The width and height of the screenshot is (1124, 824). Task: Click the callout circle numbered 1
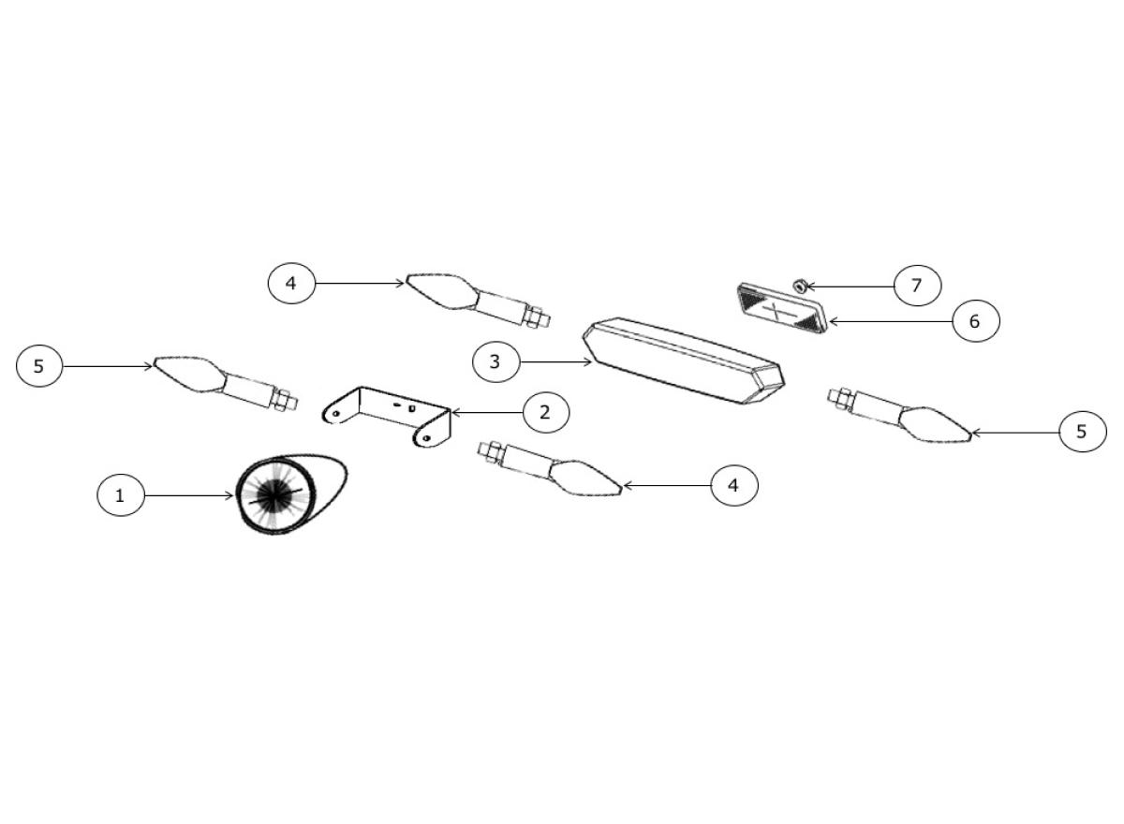click(121, 495)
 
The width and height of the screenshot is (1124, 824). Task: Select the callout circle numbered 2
click(546, 412)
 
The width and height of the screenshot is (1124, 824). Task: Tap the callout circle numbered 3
click(496, 361)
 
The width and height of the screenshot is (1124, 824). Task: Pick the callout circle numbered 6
click(976, 321)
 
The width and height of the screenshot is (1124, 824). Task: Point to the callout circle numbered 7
click(918, 286)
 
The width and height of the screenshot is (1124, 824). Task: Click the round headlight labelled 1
click(291, 494)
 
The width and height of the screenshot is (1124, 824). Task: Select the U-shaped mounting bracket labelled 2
click(387, 417)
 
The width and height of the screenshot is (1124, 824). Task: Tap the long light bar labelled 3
click(684, 360)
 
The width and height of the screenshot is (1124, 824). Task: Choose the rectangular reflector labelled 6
click(782, 308)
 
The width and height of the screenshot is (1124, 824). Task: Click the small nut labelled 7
click(800, 286)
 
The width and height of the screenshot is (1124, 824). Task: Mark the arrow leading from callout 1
click(188, 496)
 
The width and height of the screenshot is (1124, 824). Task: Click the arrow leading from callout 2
click(487, 413)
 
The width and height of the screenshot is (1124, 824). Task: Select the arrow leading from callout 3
click(556, 362)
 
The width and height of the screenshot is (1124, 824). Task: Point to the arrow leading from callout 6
click(891, 321)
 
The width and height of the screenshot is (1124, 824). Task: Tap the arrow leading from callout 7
click(850, 287)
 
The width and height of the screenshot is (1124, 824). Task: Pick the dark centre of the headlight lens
click(274, 494)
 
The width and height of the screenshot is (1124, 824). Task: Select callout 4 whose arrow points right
click(291, 284)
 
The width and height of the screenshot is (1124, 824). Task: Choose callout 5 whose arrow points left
click(1083, 432)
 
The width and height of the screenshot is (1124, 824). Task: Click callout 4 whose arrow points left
click(734, 485)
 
